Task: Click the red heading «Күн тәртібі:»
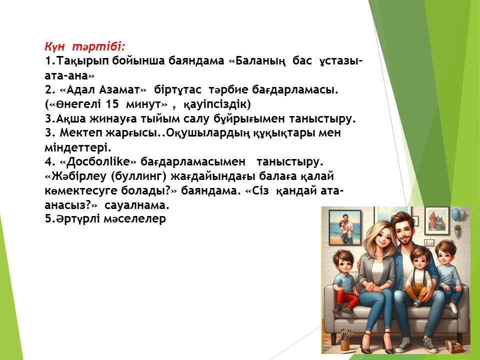(x=85, y=46)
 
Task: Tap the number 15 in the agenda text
(x=112, y=104)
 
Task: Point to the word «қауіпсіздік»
(x=217, y=104)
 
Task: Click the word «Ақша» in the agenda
(x=71, y=119)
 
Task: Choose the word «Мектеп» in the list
(x=81, y=133)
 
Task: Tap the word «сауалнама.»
(x=137, y=205)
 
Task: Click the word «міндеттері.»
(x=78, y=147)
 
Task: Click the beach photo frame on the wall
(x=345, y=228)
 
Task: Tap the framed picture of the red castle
(x=437, y=220)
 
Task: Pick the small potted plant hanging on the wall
(x=457, y=230)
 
